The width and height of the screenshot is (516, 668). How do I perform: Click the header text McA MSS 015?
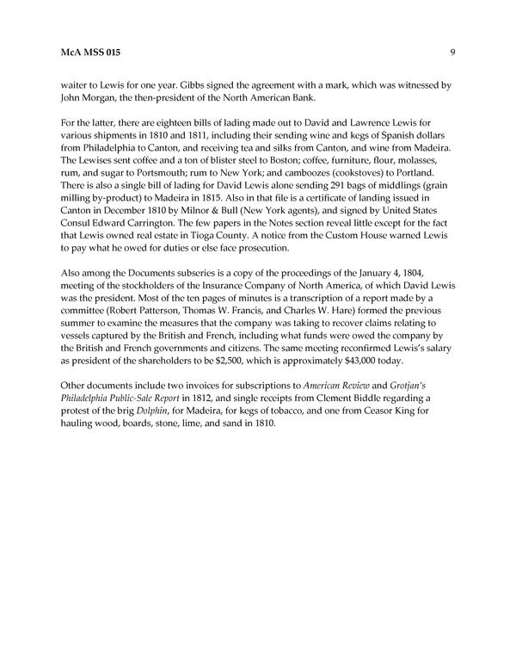pos(85,53)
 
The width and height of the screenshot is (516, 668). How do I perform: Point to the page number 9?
pos(451,53)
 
